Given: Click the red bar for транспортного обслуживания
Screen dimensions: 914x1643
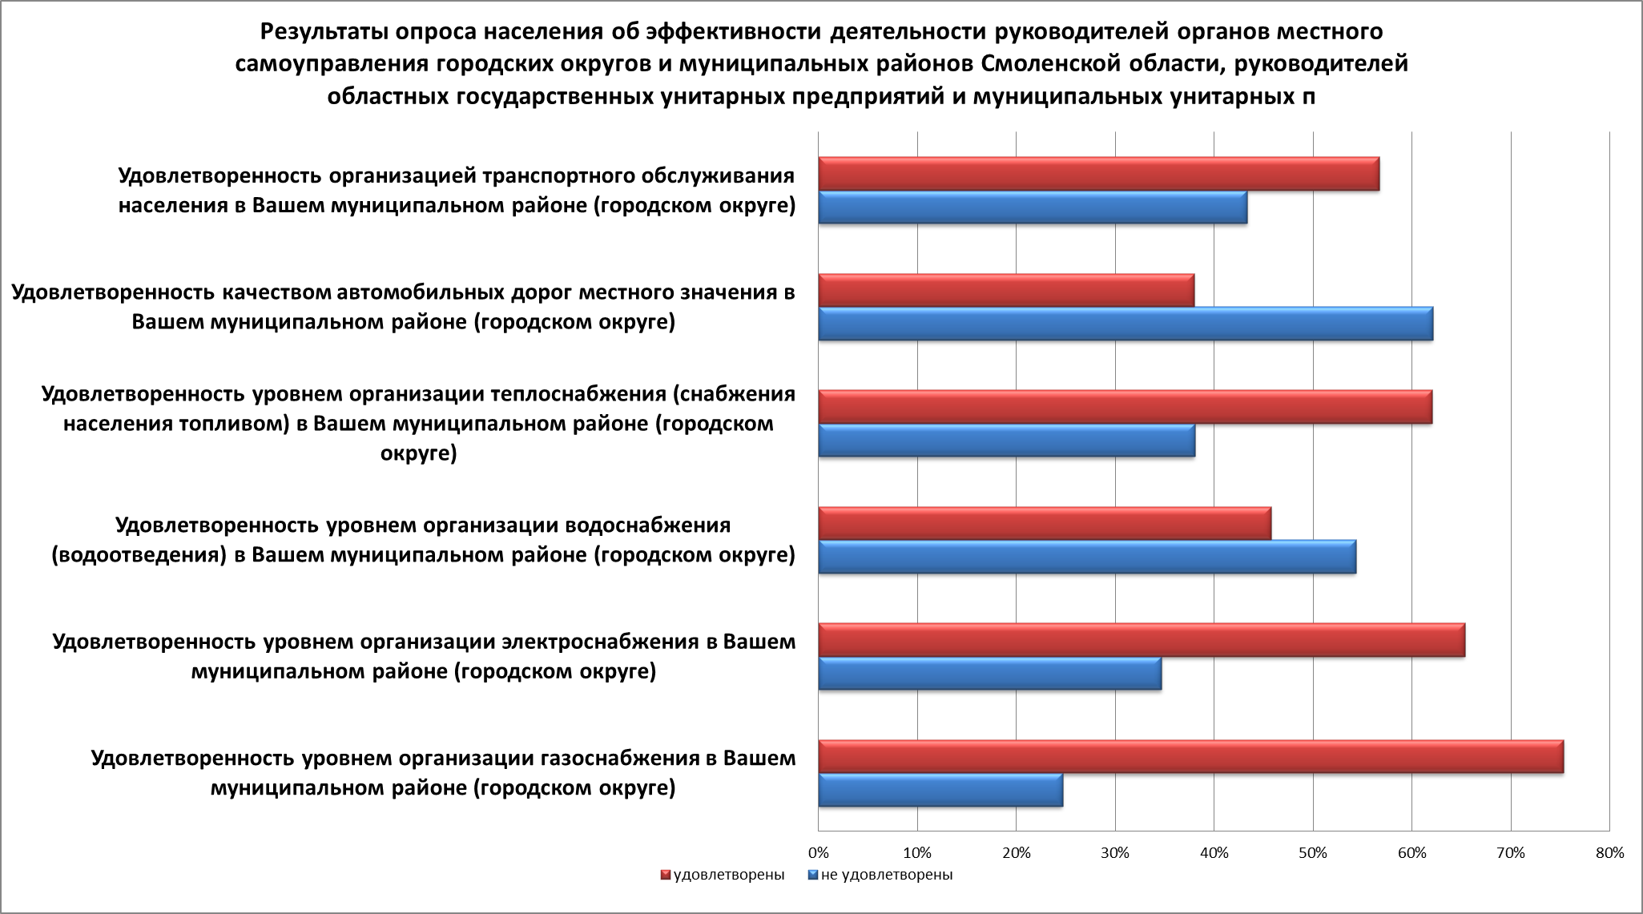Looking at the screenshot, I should [1098, 174].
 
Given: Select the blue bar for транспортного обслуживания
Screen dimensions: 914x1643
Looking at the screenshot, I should [1033, 207].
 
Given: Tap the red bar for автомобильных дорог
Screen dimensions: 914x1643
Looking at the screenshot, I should [1006, 290].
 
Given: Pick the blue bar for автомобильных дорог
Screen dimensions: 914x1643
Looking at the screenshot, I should [1126, 324].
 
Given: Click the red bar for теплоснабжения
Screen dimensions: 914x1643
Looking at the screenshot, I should [1126, 407].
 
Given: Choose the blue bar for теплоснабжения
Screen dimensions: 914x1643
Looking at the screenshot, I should [1006, 441].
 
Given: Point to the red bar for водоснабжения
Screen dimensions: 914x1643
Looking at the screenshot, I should [1045, 523].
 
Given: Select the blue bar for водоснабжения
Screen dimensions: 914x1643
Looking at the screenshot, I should [1087, 557].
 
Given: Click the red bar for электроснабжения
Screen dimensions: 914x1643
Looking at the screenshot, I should [1142, 640].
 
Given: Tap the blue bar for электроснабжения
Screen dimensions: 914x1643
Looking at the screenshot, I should [989, 673].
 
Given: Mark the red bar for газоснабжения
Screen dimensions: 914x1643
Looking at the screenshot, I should [1190, 757].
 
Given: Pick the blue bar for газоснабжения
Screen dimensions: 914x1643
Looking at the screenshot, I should [940, 790].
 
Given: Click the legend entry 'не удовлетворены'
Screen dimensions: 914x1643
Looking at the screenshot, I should [887, 875].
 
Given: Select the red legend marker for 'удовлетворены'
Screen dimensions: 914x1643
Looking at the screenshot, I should [666, 875].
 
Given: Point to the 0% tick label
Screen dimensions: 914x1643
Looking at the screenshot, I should [818, 853].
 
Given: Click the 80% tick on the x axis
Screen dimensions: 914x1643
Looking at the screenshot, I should [1609, 853].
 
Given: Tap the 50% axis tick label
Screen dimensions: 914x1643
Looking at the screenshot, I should [1313, 853].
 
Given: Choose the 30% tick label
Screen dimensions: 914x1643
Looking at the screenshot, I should [1115, 853].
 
